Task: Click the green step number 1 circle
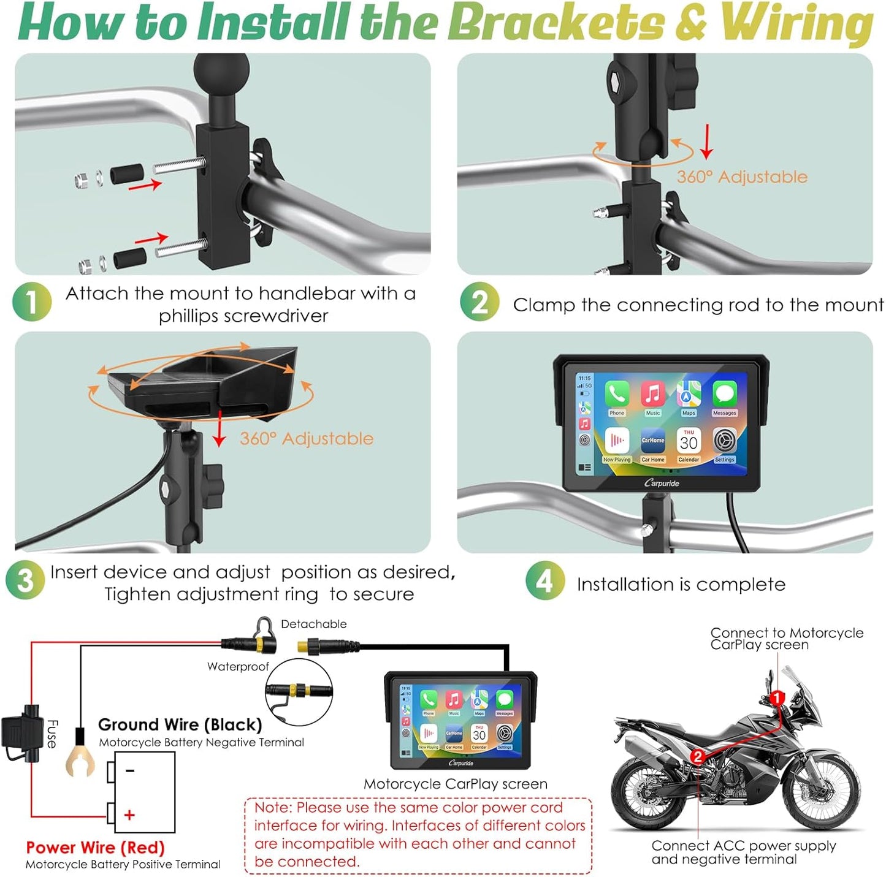31,302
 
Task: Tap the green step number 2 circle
479,302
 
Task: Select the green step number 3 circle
25,580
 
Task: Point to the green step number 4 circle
544,580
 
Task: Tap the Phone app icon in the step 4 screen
617,395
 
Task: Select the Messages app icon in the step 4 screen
724,395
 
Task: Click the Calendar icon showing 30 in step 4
689,441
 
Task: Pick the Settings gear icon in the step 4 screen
725,441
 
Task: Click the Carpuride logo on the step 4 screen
662,484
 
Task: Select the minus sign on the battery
130,770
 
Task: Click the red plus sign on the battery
129,815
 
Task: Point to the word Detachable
313,624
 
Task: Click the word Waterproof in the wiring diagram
238,667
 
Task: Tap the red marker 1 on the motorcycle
777,698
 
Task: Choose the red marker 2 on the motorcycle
697,756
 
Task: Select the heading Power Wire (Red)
95,848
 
